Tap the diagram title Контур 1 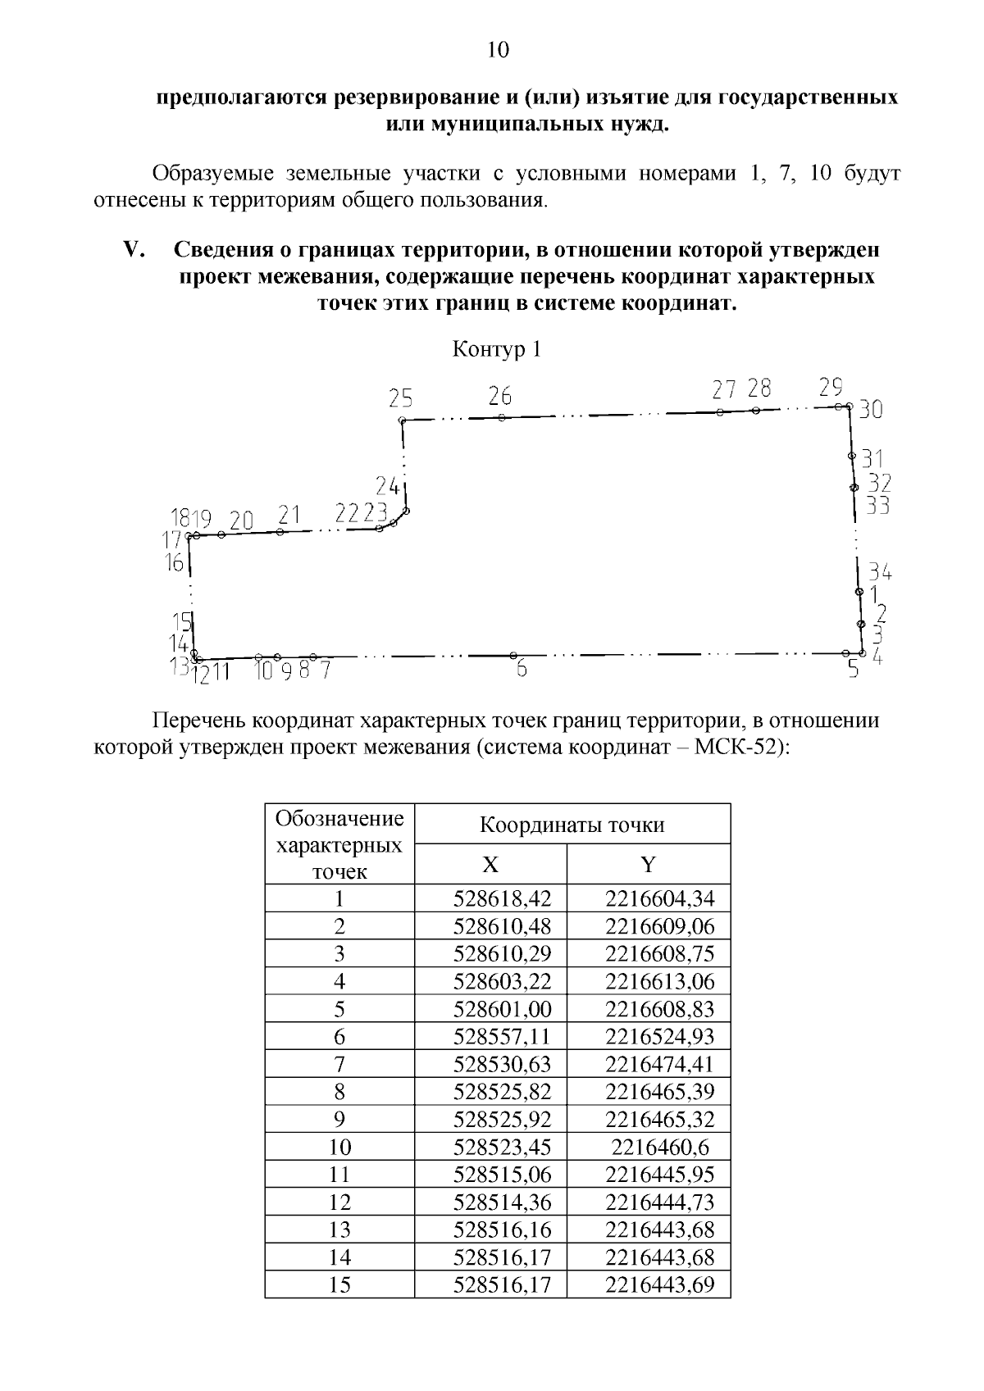[x=497, y=350]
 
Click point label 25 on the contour [x=401, y=398]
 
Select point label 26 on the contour [x=500, y=396]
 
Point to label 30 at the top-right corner [x=871, y=409]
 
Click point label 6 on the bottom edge [x=522, y=669]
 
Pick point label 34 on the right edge [x=880, y=572]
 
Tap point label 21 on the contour [x=289, y=515]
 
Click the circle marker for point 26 [x=501, y=418]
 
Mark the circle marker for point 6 [x=513, y=656]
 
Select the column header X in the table [x=490, y=865]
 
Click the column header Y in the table [x=648, y=865]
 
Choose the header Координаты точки [x=572, y=825]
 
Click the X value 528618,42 [x=503, y=899]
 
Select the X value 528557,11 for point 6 [x=503, y=1037]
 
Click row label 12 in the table [x=339, y=1202]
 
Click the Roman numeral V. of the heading [x=133, y=249]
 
